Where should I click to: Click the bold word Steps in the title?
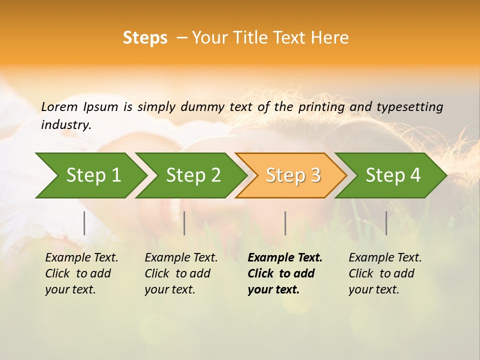[x=145, y=38]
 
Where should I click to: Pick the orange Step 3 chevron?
[x=293, y=175]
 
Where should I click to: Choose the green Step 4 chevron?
[x=393, y=175]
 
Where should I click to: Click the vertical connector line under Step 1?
[x=84, y=223]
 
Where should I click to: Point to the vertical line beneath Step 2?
[x=184, y=223]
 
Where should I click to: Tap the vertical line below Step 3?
[x=285, y=223]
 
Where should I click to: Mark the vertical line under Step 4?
[x=386, y=223]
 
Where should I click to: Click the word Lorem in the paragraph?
[x=59, y=106]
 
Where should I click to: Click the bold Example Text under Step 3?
[x=285, y=257]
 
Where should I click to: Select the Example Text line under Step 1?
[x=81, y=257]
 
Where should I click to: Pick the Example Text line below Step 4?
[x=385, y=257]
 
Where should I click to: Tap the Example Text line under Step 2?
[x=181, y=257]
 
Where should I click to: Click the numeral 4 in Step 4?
[x=415, y=175]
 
